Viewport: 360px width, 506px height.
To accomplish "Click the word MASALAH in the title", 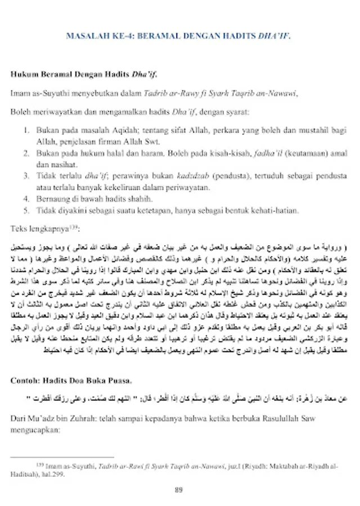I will pyautogui.click(x=84, y=37).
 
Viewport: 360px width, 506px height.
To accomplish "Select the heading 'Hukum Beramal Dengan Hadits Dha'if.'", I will pyautogui.click(x=84, y=73).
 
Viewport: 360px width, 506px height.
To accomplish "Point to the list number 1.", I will pyautogui.click(x=26, y=130).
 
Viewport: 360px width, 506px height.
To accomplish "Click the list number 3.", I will pyautogui.click(x=26, y=176).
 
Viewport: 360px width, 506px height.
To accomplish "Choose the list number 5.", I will pyautogui.click(x=26, y=211).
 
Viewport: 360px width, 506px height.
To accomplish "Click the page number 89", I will pyautogui.click(x=179, y=490).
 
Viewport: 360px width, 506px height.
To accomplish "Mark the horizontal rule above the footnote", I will pyautogui.click(x=62, y=457).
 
